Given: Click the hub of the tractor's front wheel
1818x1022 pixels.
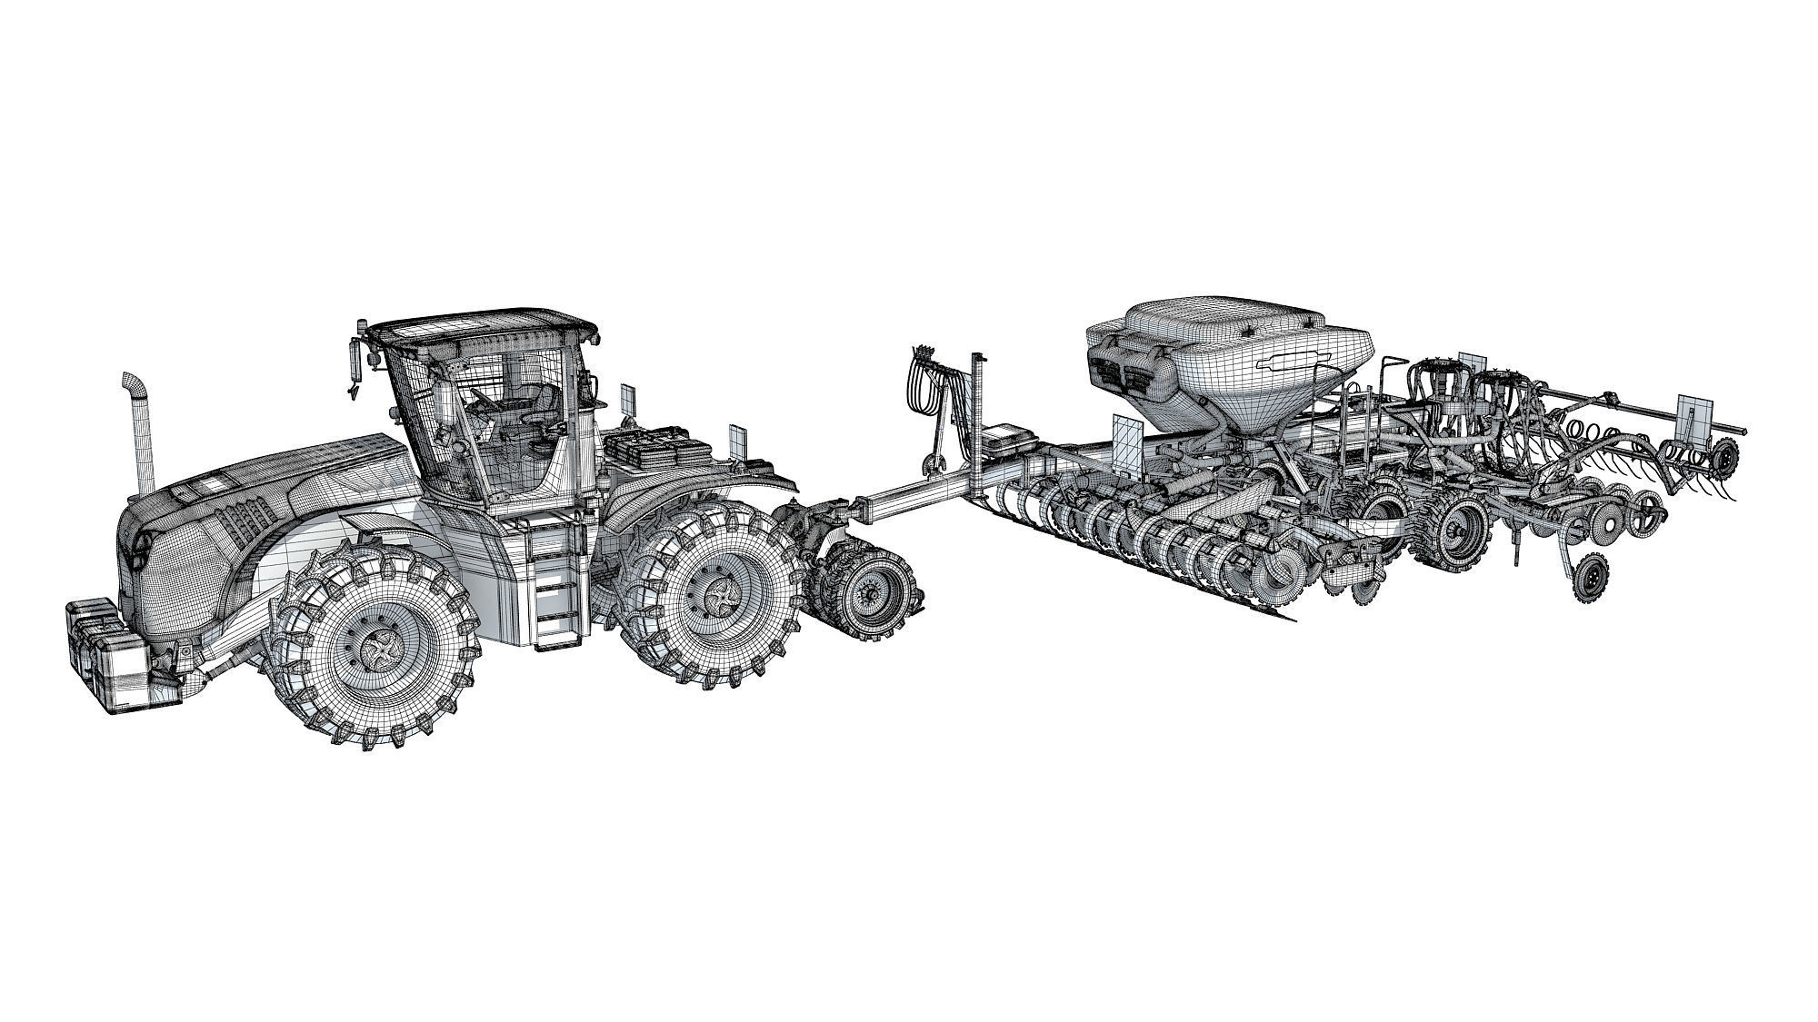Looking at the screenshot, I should click(x=374, y=648).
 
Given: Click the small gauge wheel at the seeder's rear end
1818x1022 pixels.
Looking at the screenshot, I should click(x=1723, y=453).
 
